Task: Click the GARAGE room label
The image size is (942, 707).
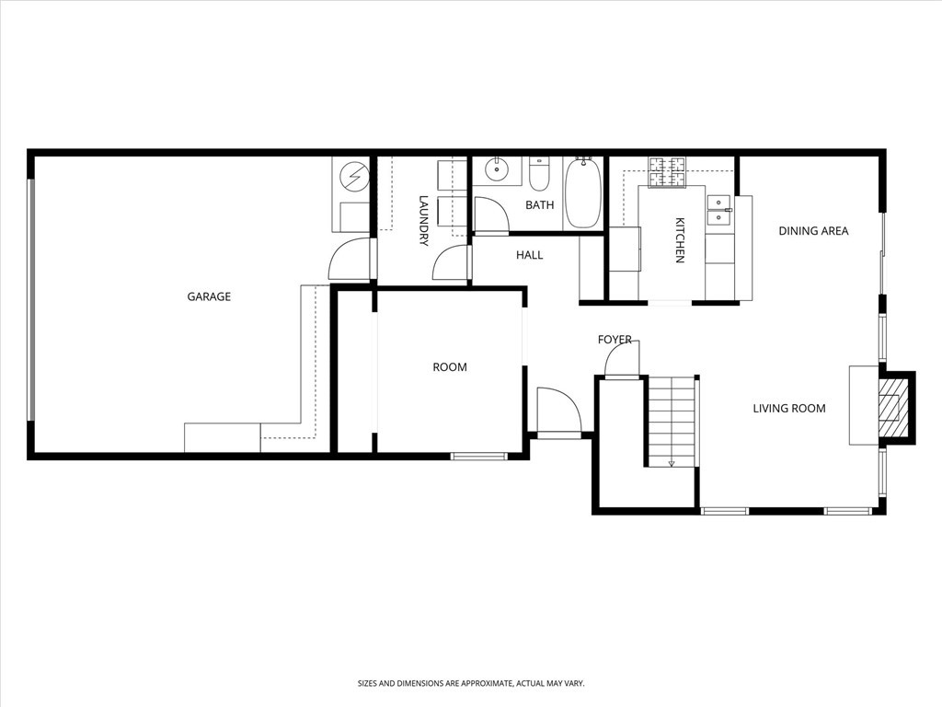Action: (x=209, y=296)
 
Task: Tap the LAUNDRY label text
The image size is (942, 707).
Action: (x=424, y=220)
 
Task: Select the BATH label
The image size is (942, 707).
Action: (x=540, y=205)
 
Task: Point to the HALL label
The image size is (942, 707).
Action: (x=529, y=255)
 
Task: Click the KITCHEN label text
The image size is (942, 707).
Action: (x=680, y=240)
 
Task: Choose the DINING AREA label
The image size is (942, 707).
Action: (x=813, y=231)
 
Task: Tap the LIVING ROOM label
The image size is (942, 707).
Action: (x=789, y=409)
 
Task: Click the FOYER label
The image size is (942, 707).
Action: (x=615, y=340)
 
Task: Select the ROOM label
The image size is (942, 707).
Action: (x=450, y=367)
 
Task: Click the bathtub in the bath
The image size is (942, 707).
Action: (x=582, y=193)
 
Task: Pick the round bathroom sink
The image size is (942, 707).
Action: (x=498, y=169)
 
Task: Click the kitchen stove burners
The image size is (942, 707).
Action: (x=668, y=172)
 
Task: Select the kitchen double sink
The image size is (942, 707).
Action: (x=718, y=210)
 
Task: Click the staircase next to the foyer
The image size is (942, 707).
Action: (x=671, y=422)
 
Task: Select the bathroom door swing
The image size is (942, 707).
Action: (x=491, y=216)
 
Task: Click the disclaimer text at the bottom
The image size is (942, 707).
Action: (x=471, y=684)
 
